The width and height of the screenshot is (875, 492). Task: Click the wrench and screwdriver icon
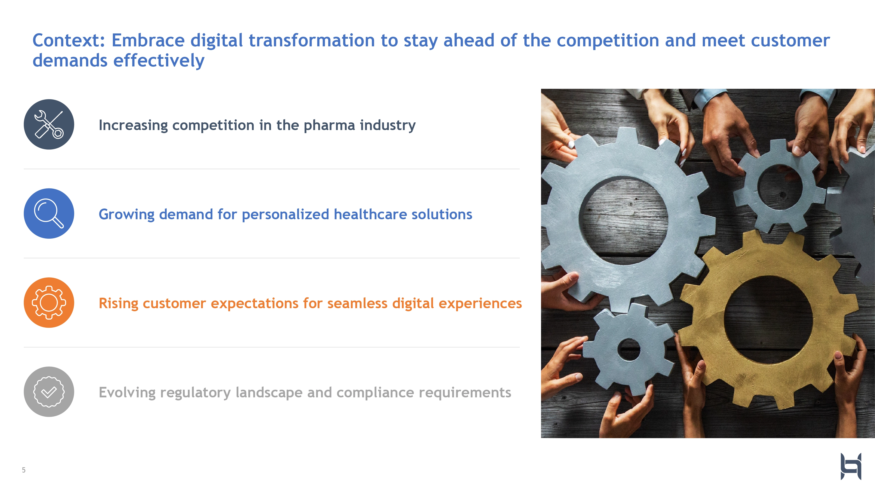click(x=49, y=124)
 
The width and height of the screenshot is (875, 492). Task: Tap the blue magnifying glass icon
click(x=49, y=214)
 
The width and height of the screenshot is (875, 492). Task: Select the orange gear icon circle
click(x=49, y=303)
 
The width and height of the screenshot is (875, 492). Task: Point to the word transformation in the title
click(x=311, y=40)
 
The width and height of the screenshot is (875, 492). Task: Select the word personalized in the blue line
click(x=285, y=215)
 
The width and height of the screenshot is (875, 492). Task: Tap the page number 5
click(x=24, y=470)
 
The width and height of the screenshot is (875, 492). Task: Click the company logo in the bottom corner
click(x=851, y=466)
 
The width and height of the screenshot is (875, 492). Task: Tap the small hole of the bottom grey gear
click(x=629, y=349)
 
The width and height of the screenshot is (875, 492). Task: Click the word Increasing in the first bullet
click(x=133, y=126)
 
